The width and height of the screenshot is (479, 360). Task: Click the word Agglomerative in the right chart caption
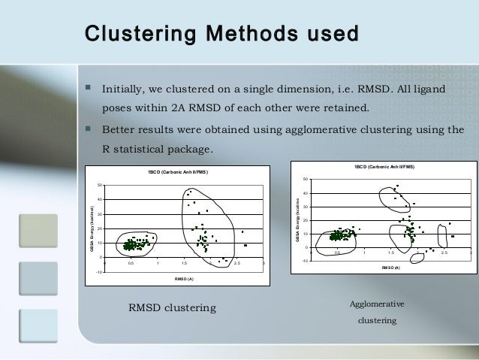[x=377, y=304]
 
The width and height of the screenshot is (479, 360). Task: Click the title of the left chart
[x=178, y=173]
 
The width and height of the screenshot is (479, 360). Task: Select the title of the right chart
[x=383, y=166]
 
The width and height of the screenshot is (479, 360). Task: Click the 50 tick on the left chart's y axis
[x=100, y=185]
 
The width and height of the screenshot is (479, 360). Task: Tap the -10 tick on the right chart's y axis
[x=305, y=261]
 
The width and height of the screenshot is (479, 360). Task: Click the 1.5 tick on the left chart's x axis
[x=184, y=264]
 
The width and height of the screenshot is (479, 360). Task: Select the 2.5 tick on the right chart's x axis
[x=444, y=253]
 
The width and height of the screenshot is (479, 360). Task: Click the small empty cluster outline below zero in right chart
[x=412, y=256]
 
